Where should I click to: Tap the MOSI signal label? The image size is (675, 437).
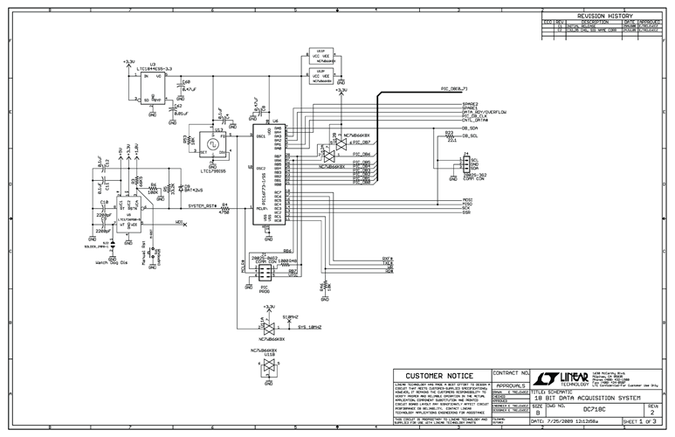(x=467, y=199)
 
